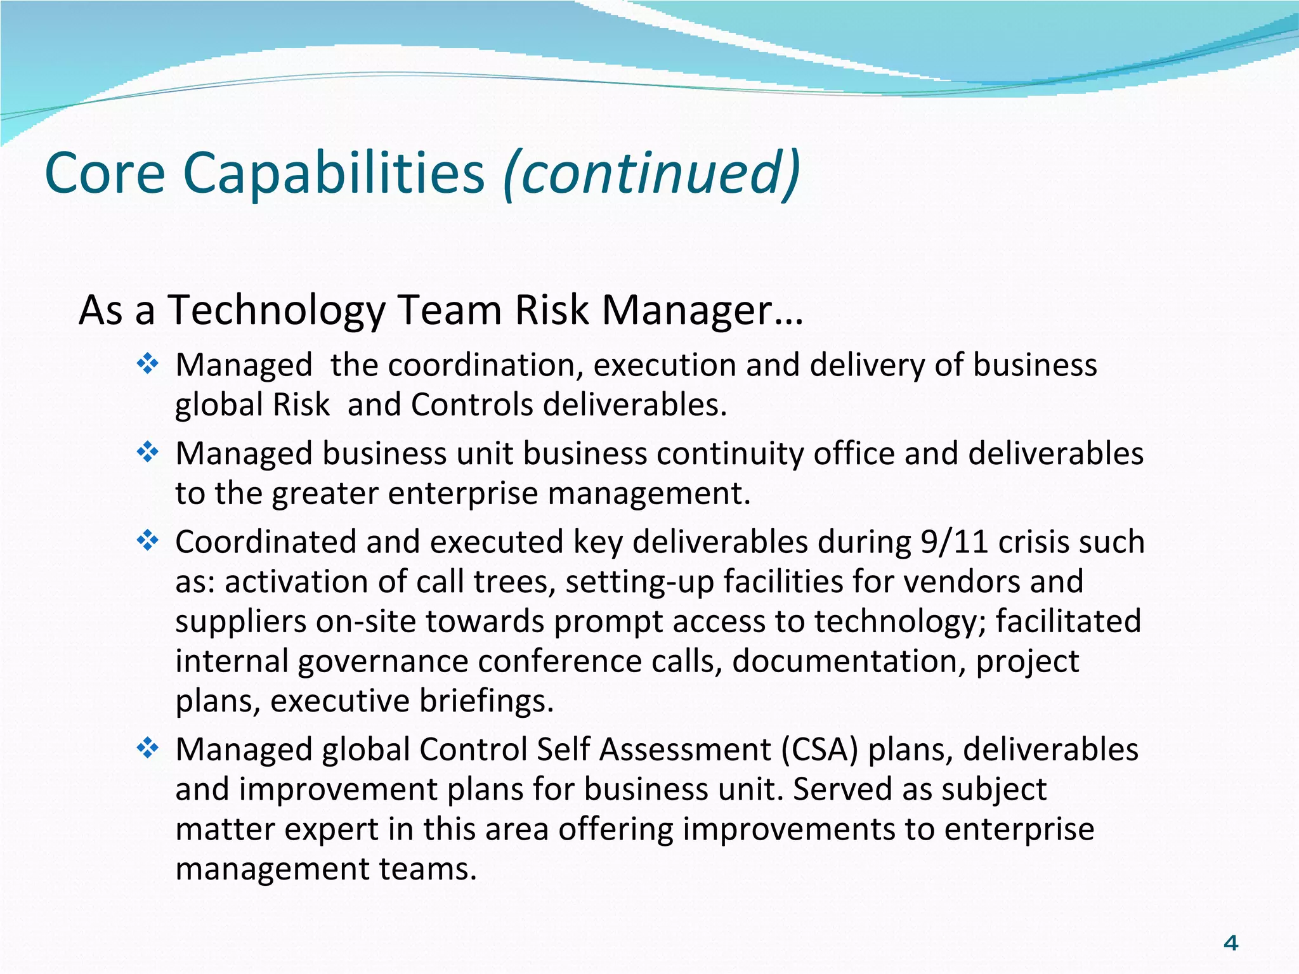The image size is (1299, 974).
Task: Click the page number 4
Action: click(x=1230, y=944)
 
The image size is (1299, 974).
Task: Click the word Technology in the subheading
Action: click(x=277, y=311)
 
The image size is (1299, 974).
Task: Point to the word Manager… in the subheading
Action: click(x=702, y=311)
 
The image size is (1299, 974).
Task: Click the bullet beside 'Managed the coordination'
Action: click(x=147, y=364)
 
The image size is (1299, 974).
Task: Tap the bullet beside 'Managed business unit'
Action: click(x=147, y=452)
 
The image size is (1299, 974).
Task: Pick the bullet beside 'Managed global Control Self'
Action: click(x=147, y=748)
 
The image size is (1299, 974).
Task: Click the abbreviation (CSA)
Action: click(x=819, y=750)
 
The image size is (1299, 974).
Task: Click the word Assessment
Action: click(x=685, y=750)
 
